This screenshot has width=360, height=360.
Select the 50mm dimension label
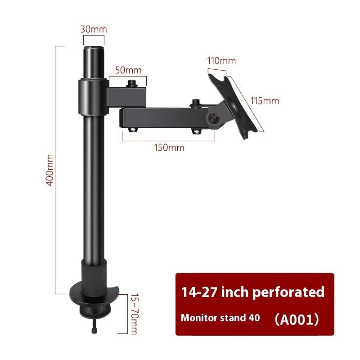tap(128, 70)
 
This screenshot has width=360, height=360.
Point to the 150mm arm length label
tap(169, 148)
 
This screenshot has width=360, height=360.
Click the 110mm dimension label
tap(221, 61)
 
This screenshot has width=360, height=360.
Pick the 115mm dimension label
tap(264, 101)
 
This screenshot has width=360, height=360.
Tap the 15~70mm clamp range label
tap(134, 315)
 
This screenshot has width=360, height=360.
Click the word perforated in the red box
tap(288, 292)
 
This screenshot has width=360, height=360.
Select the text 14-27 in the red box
tap(198, 292)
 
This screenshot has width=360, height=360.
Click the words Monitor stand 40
tap(220, 318)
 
